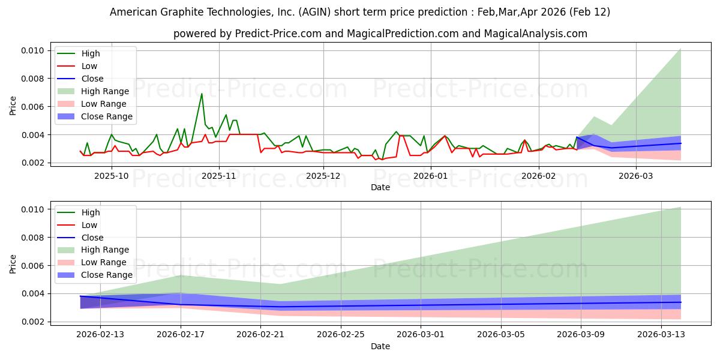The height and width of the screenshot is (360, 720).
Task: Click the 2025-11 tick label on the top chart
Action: coord(218,176)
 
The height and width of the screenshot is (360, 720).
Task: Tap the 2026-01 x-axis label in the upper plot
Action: coord(430,176)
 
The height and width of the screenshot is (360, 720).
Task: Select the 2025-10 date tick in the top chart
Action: coord(112,176)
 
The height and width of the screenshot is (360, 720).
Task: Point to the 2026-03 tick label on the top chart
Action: coord(635,176)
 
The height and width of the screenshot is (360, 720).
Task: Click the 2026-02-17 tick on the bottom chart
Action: coord(181,335)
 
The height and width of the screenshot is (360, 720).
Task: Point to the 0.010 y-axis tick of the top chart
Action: coord(34,50)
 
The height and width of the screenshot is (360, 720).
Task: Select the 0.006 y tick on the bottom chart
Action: coord(34,266)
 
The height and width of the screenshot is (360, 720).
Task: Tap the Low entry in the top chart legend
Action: coord(89,66)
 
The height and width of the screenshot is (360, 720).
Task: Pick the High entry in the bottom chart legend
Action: coord(91,212)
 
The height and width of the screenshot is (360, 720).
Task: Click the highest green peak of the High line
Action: coord(202,94)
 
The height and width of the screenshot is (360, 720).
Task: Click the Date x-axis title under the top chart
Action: coord(380,187)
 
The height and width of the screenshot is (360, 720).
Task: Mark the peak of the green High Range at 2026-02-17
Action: coord(181,275)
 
